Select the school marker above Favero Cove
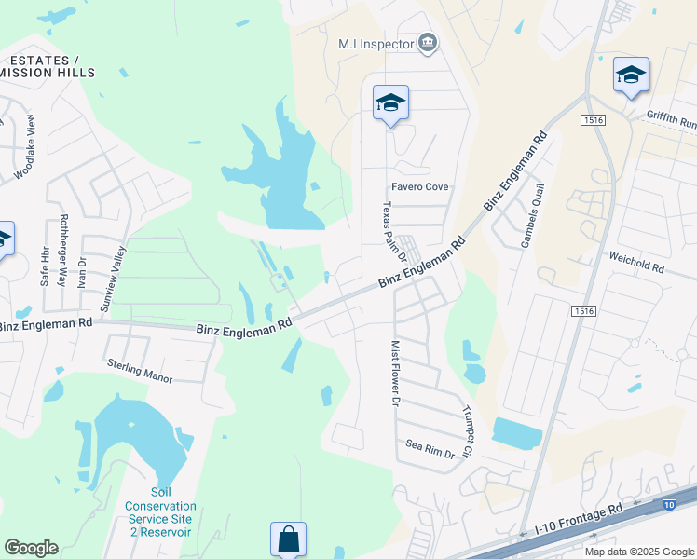[x=390, y=103]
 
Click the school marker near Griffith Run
[x=631, y=75]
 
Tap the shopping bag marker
[x=288, y=539]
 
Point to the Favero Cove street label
[x=420, y=186]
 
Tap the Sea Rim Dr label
[x=430, y=449]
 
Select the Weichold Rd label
[x=636, y=261]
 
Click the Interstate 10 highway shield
[x=669, y=505]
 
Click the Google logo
[x=31, y=548]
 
